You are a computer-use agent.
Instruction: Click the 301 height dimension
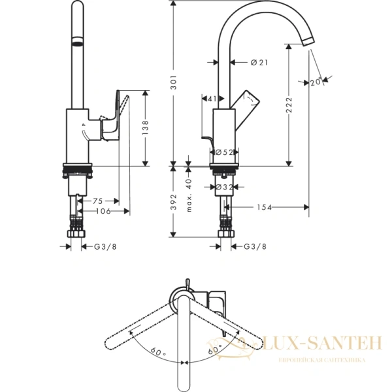(x=173, y=81)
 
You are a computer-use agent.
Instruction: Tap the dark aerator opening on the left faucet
(x=77, y=43)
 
